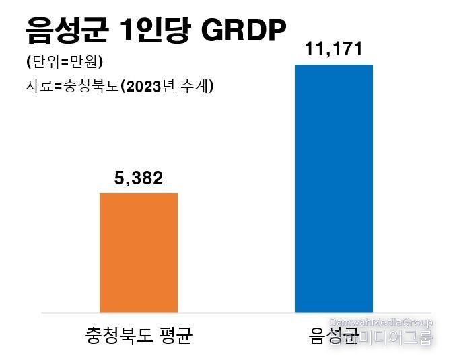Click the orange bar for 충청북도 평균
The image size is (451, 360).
[139, 252]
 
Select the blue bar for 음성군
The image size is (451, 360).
[334, 188]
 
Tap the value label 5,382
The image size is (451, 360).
[139, 179]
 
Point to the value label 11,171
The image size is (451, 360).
[334, 49]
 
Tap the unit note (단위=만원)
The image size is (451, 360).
[65, 63]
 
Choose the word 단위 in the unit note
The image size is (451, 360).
[44, 63]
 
